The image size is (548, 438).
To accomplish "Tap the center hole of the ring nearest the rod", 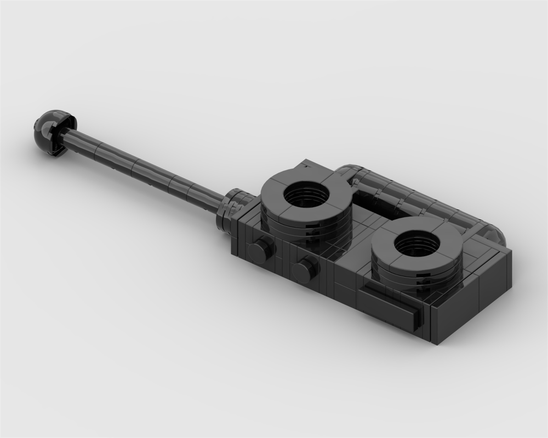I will pos(307,195).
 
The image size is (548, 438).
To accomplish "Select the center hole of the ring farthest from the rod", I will pos(417,244).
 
